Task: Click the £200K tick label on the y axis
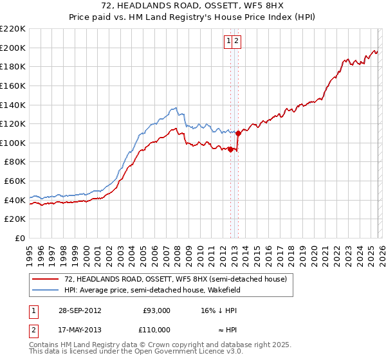(x=13, y=48)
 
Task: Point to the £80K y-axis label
(x=15, y=162)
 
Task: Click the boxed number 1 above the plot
(x=228, y=41)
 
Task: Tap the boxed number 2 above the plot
(x=236, y=41)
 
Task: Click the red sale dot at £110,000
(x=238, y=134)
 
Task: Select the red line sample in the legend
(x=45, y=279)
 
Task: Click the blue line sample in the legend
(x=45, y=290)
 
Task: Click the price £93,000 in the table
(x=156, y=310)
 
